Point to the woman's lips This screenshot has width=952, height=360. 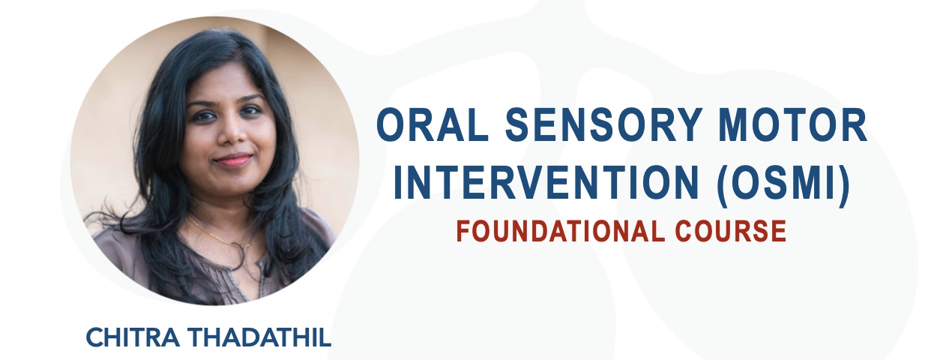232,159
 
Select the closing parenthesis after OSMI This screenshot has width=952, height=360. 846,184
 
